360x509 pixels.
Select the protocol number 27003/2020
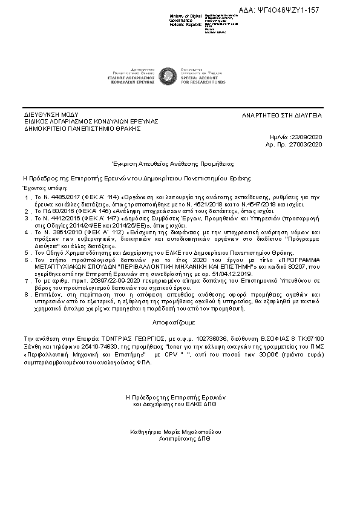tap(309, 145)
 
